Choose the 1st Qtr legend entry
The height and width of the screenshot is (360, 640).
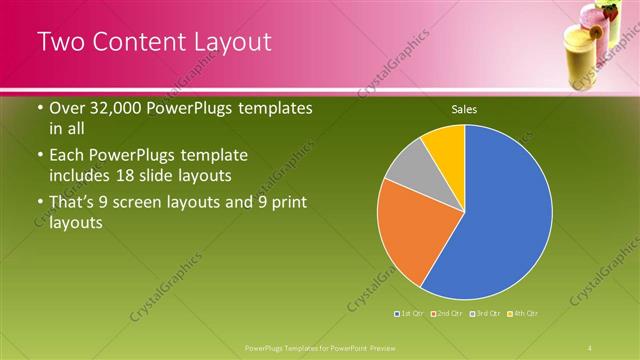(x=410, y=314)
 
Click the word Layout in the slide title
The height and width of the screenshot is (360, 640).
(x=226, y=42)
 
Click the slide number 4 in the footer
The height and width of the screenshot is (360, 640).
(x=590, y=348)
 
